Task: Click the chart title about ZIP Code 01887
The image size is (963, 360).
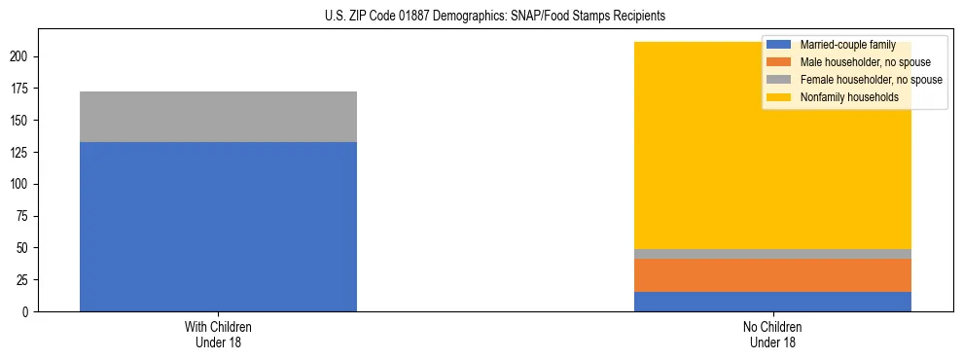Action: [495, 17]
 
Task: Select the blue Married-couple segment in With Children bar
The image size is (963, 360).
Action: [218, 227]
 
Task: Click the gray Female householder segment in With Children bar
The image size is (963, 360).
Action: [218, 117]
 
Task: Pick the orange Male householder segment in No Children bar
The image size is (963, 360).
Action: [772, 275]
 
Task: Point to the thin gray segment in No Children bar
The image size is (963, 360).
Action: [772, 254]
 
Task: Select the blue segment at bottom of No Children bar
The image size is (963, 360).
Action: [772, 302]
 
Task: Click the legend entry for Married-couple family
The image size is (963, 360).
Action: [841, 45]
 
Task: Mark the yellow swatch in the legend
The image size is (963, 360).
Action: [778, 97]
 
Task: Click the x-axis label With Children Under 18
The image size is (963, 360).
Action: [218, 335]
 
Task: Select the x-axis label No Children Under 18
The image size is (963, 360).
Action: [772, 335]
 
